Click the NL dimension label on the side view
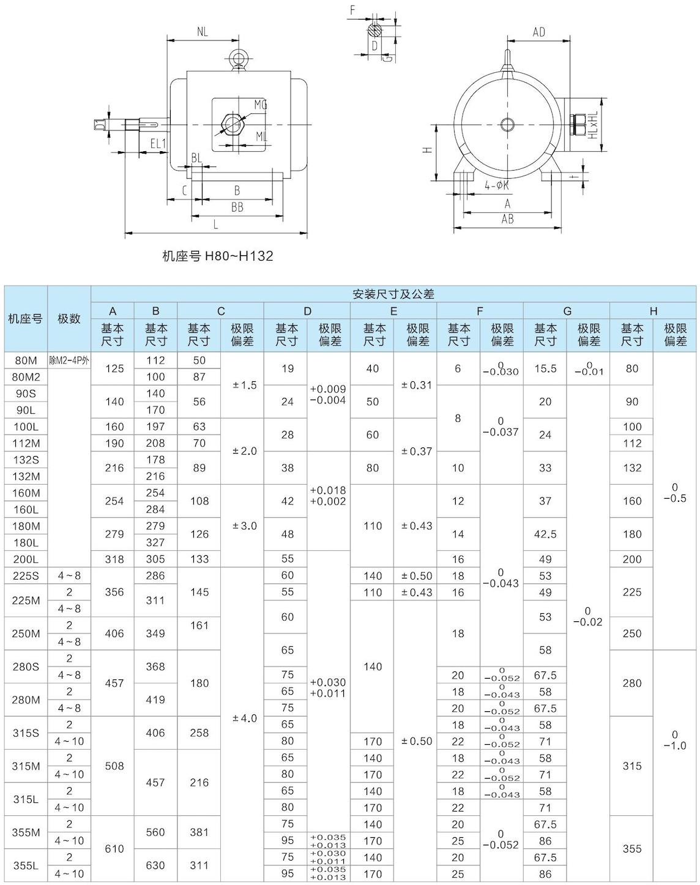pyautogui.click(x=203, y=32)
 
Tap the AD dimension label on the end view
pyautogui.click(x=538, y=32)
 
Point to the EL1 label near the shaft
pyautogui.click(x=158, y=144)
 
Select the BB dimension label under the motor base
pyautogui.click(x=237, y=207)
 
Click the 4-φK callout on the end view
pyautogui.click(x=497, y=185)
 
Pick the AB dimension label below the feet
pyautogui.click(x=507, y=219)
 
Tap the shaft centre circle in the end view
pyautogui.click(x=507, y=125)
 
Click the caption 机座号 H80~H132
pyautogui.click(x=217, y=256)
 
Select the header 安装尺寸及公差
pyautogui.click(x=393, y=294)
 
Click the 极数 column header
pyautogui.click(x=69, y=319)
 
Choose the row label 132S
pyautogui.click(x=26, y=460)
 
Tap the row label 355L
pyautogui.click(x=26, y=865)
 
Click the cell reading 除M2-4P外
pyautogui.click(x=69, y=360)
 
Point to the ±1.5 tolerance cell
pyautogui.click(x=245, y=386)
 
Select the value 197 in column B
pyautogui.click(x=155, y=427)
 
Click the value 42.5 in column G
pyautogui.click(x=545, y=534)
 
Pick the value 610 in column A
pyautogui.click(x=114, y=849)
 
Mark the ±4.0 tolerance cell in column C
pyautogui.click(x=245, y=718)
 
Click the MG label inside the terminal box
pyautogui.click(x=261, y=105)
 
